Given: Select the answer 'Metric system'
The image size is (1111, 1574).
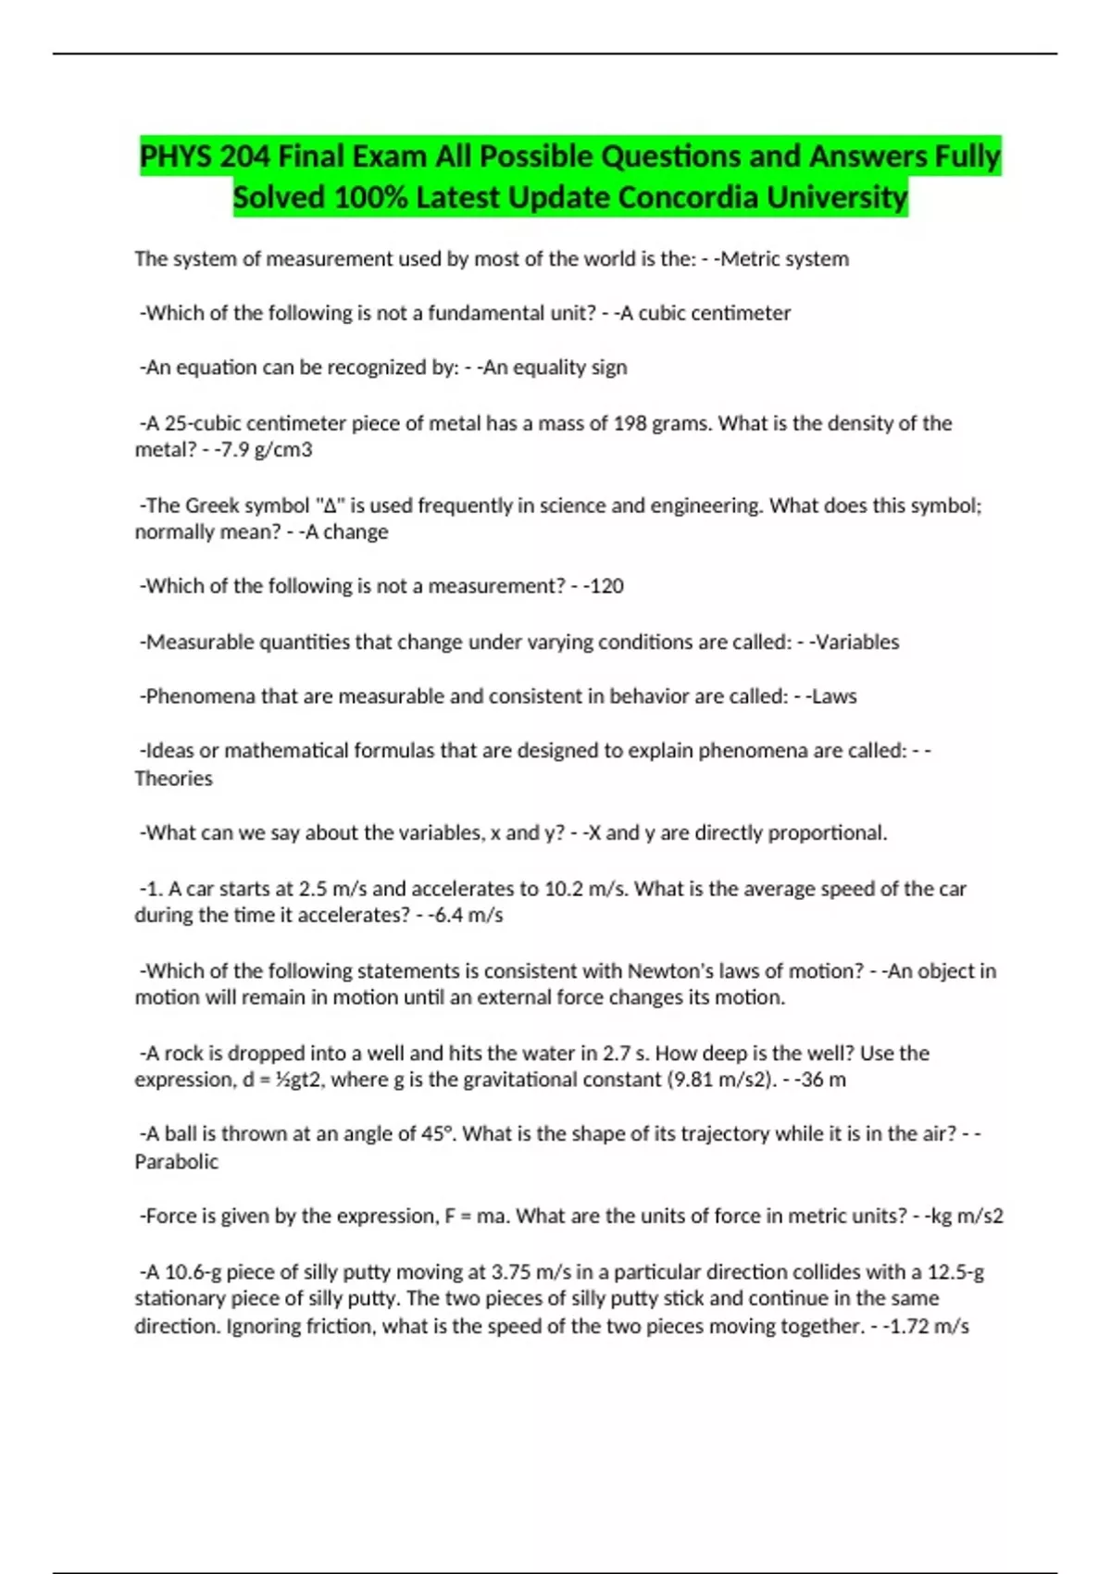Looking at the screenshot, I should [784, 259].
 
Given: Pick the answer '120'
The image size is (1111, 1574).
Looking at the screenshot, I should [606, 586].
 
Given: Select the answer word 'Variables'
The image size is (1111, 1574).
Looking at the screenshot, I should [855, 642].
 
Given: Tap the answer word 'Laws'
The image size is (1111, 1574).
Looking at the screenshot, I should [833, 696].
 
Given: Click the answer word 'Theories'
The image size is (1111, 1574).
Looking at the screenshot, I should [173, 779].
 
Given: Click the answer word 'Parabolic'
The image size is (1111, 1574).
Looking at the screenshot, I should [176, 1162].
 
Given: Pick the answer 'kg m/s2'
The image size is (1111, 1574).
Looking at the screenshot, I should [967, 1217].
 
